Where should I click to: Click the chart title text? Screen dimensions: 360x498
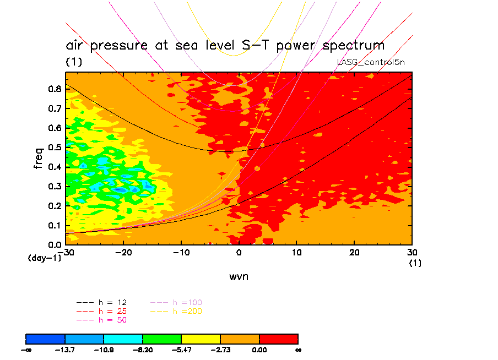[225, 45]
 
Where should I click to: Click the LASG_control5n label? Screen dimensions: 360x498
[371, 62]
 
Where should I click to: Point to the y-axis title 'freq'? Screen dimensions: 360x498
[39, 157]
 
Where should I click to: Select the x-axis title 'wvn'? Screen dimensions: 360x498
[239, 276]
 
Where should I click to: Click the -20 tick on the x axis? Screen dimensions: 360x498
[123, 252]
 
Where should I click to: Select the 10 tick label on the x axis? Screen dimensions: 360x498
[296, 252]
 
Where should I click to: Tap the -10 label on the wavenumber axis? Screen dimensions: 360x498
[181, 252]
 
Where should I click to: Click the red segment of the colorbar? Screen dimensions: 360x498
[278, 338]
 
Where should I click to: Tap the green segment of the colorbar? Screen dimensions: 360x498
[162, 338]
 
